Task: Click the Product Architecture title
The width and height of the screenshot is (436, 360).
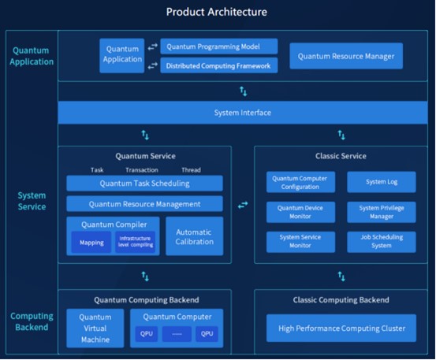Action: [x=217, y=12]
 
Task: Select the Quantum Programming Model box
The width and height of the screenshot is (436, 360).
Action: [x=219, y=46]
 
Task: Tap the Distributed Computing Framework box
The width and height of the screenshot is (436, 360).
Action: [x=219, y=65]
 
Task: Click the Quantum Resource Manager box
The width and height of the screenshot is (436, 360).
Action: [x=346, y=56]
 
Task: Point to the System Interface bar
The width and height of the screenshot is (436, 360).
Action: [x=243, y=113]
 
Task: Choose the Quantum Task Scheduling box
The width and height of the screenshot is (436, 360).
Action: [x=144, y=184]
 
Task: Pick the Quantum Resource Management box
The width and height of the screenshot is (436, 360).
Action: [x=144, y=204]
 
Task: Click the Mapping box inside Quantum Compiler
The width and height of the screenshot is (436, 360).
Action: [x=91, y=243]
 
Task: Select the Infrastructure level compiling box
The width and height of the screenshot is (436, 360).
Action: [x=136, y=242]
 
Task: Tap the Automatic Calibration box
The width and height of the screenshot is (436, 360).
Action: [x=195, y=236]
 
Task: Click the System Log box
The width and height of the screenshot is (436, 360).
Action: [x=382, y=182]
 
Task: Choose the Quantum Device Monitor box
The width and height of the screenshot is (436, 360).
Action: [x=300, y=212]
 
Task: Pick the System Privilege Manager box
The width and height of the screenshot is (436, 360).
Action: [x=382, y=212]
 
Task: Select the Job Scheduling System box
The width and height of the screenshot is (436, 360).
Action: [x=382, y=242]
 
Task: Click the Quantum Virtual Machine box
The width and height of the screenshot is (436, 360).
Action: [x=95, y=328]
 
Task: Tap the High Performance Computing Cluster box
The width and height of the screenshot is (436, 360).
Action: [x=341, y=328]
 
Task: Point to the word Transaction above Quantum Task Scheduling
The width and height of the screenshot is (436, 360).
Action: [x=142, y=170]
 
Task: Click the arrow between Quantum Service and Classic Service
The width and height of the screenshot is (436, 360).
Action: [x=243, y=205]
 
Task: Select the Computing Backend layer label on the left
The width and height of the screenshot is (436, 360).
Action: [x=32, y=321]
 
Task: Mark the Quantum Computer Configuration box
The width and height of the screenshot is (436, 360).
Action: [x=300, y=182]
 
